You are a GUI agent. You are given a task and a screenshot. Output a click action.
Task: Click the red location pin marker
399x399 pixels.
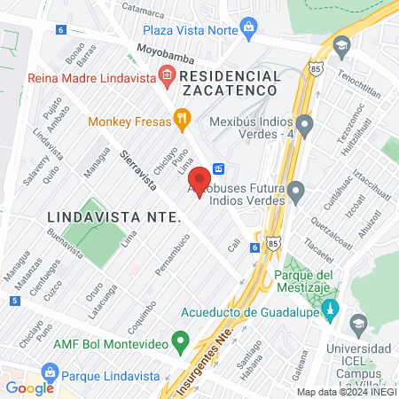tap(200, 180)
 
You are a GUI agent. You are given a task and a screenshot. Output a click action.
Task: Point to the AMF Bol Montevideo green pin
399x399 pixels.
tap(181, 340)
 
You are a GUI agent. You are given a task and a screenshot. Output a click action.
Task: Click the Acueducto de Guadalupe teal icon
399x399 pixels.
tap(331, 310)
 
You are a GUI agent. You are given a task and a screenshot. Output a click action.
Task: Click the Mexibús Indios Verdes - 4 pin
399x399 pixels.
tap(304, 123)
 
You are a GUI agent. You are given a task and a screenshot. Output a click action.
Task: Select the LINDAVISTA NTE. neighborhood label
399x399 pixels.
tap(113, 216)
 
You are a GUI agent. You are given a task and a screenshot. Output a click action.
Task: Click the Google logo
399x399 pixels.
tap(29, 387)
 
